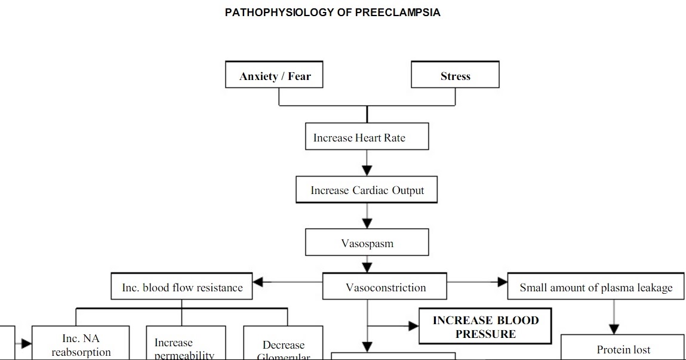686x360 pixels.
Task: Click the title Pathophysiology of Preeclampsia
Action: (x=333, y=13)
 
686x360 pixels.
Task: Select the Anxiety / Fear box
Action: (x=275, y=75)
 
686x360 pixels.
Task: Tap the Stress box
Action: (x=455, y=75)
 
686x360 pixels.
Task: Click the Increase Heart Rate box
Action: (x=367, y=137)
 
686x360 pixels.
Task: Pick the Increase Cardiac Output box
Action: (x=367, y=190)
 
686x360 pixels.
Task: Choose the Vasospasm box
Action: (x=367, y=243)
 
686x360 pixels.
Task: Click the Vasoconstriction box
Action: (x=385, y=287)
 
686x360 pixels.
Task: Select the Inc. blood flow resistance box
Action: (x=182, y=287)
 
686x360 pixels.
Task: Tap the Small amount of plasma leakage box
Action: (x=595, y=287)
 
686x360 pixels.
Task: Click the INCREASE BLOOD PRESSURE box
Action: (x=485, y=327)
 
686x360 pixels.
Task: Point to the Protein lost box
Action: (x=623, y=348)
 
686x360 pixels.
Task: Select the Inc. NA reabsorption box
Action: (x=81, y=344)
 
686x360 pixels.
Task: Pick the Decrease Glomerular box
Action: (x=283, y=348)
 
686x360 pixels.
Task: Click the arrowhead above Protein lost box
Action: (x=614, y=329)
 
